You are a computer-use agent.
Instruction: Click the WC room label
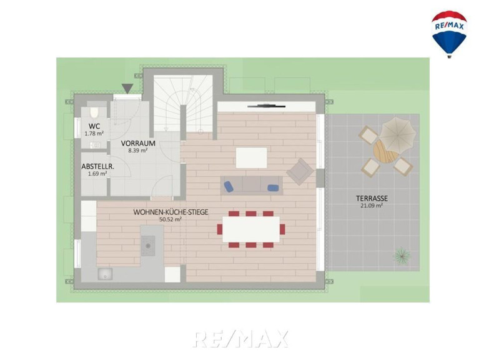94,126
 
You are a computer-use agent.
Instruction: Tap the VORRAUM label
138,143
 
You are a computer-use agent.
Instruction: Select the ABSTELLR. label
98,166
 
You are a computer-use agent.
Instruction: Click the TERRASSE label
372,198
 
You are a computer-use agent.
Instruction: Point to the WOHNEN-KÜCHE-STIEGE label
170,212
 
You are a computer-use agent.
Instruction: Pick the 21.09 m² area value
372,206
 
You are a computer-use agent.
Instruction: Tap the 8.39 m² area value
138,150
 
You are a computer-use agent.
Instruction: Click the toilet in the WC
94,112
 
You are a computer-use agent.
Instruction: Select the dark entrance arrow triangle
127,88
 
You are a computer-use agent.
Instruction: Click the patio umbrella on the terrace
398,134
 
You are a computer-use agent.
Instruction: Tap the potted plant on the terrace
402,255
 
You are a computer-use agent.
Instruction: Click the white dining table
251,229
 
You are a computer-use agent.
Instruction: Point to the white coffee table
252,157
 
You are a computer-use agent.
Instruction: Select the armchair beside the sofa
300,171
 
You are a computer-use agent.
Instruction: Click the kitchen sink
105,274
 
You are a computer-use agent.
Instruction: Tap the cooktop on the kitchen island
148,246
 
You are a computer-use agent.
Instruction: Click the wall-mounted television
267,106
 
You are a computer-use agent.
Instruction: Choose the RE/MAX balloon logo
449,34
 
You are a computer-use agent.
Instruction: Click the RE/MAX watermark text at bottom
240,339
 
